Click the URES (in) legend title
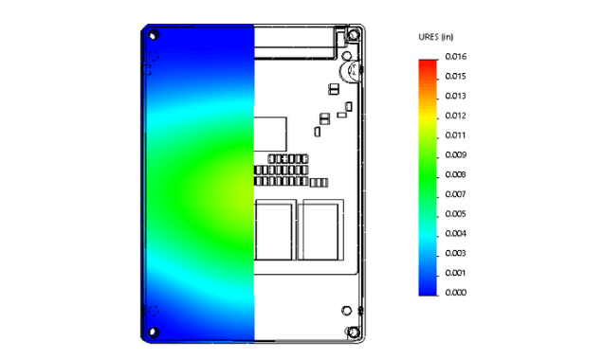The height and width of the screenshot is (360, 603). [434, 37]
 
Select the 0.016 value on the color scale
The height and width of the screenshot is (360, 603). [455, 56]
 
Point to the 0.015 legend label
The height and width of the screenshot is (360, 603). [455, 76]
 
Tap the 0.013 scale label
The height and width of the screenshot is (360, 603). [455, 96]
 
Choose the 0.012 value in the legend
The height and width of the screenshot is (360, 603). [455, 116]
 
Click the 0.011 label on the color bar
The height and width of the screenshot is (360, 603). [455, 135]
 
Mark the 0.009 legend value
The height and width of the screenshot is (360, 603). [455, 154]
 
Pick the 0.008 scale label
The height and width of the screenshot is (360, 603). [455, 174]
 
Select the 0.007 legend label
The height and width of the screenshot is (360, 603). [455, 194]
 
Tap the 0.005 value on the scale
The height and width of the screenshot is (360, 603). [455, 214]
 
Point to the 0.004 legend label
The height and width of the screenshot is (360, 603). [455, 233]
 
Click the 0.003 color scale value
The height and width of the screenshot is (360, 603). [455, 253]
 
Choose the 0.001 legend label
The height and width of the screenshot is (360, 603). [455, 273]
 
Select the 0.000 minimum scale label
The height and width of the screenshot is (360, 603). [455, 293]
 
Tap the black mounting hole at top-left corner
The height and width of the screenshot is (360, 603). [155, 36]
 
